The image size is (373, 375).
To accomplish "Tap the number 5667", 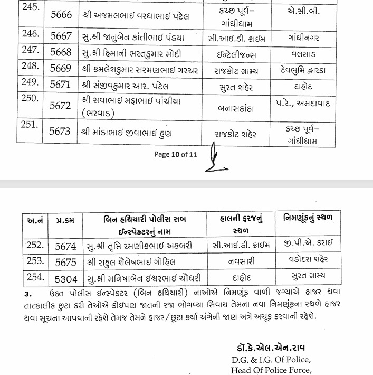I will tap(60, 39).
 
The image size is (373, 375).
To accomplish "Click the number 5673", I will tap(60, 133).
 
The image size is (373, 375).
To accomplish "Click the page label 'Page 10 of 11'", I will tap(175, 155).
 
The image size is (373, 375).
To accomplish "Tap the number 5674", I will tap(66, 246).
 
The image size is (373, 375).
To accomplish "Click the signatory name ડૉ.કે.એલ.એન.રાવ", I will tap(271, 349).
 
